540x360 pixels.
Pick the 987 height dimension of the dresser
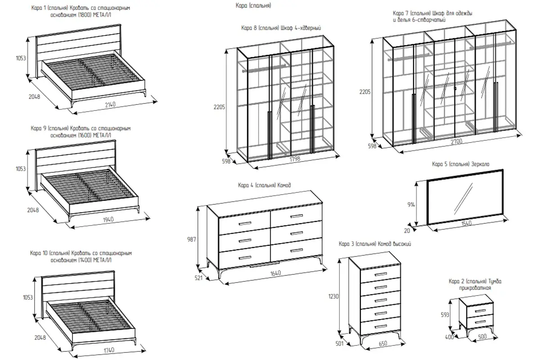[192, 239]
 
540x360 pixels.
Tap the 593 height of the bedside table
[450, 315]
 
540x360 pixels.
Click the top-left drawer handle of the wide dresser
[245, 223]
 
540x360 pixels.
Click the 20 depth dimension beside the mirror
[408, 230]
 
